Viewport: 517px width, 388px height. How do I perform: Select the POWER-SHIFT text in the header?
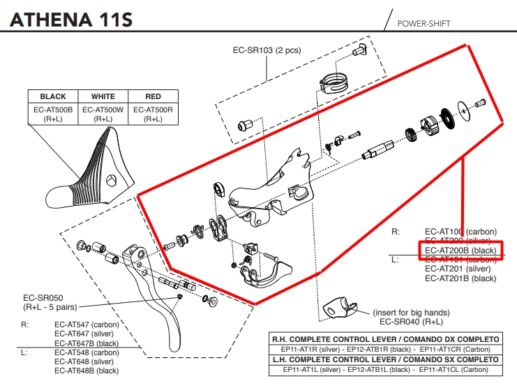(x=424, y=23)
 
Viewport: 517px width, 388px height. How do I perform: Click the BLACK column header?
(x=53, y=96)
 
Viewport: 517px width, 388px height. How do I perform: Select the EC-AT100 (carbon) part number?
(x=460, y=231)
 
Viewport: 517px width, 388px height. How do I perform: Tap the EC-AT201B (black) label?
(x=460, y=278)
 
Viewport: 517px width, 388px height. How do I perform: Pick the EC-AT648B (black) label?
(x=87, y=371)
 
